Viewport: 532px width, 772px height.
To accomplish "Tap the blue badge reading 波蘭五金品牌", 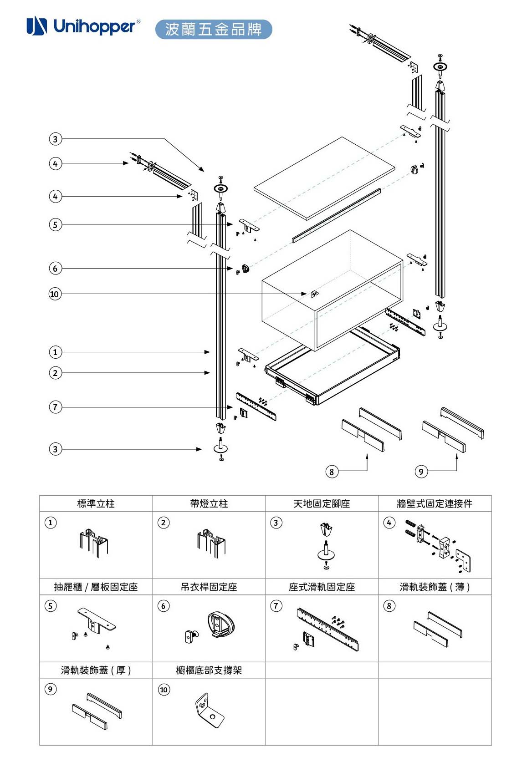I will click(213, 29).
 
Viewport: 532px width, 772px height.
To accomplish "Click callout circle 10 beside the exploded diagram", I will click(55, 294).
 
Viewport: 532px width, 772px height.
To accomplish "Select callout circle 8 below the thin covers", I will click(332, 472).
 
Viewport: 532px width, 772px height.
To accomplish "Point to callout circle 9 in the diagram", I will click(421, 472).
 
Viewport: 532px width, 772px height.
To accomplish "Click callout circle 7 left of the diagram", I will click(55, 407).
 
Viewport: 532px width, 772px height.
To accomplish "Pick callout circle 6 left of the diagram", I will click(55, 269).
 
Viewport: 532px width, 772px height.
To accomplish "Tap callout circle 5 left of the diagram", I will click(55, 224).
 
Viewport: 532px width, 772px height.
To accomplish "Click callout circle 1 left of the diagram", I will click(55, 352).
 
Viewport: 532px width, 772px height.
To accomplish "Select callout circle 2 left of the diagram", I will click(55, 373).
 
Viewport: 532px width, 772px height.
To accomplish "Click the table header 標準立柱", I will click(96, 504).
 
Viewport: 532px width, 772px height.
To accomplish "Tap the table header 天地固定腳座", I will click(322, 504).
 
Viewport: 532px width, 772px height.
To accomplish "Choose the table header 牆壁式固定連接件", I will click(435, 504).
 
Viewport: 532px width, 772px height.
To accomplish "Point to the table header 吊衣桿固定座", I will click(209, 587).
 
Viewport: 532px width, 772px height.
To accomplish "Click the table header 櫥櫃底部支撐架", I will click(209, 670).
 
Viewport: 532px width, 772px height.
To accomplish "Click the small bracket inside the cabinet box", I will click(314, 294).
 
